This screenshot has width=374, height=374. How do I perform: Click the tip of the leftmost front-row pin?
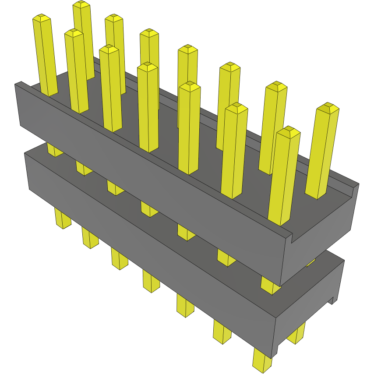[x=42, y=18]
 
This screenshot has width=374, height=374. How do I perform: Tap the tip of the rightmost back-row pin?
[x=328, y=107]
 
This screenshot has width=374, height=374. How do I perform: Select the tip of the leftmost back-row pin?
[x=81, y=5]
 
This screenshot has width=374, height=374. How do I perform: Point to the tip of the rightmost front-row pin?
[x=289, y=131]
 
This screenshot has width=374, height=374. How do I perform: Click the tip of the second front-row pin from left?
[x=74, y=33]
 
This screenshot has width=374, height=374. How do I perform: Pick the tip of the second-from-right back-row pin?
[x=276, y=86]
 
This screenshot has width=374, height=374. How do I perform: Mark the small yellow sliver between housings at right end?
[x=311, y=262]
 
